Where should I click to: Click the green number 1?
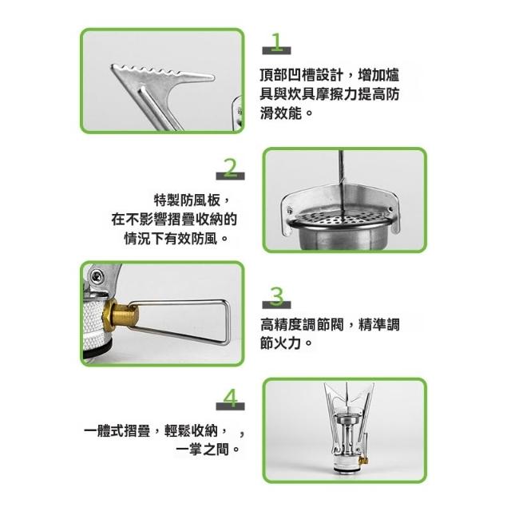tap(277, 42)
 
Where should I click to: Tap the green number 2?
tap(231, 168)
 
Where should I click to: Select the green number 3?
tap(277, 296)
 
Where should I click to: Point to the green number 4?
tap(231, 398)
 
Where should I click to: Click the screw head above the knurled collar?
tap(97, 278)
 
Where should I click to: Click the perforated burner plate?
tap(341, 218)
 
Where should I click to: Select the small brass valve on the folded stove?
tap(363, 460)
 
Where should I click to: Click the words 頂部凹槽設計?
tap(301, 75)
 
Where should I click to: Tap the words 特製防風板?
tap(187, 200)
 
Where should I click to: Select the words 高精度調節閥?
tap(302, 325)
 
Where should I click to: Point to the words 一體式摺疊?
tap(117, 431)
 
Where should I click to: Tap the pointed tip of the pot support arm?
tap(213, 77)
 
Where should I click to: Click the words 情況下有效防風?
tap(170, 239)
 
